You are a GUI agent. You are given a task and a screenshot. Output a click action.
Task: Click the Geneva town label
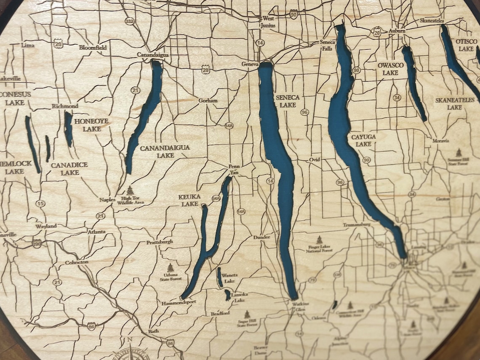[x=249, y=64]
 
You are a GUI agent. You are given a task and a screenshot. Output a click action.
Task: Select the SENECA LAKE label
[x=288, y=101]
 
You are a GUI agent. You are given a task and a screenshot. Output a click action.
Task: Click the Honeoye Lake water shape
[x=68, y=129]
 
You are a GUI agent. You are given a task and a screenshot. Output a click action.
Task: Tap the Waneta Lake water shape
[x=219, y=277]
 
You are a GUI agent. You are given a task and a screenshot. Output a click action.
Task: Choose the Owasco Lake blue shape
[x=413, y=82]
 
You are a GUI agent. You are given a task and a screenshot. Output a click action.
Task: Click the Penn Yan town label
[x=234, y=169]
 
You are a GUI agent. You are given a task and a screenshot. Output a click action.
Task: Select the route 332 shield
[x=130, y=21]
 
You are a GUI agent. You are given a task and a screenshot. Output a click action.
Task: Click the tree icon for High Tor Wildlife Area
[x=130, y=191]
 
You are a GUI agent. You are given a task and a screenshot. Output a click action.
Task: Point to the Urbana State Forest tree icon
[x=170, y=268]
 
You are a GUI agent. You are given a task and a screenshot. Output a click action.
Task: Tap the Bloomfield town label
[x=93, y=48]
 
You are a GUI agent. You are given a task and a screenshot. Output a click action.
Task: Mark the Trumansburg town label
[x=357, y=225]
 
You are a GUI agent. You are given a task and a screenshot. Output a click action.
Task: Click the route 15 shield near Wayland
[x=40, y=204]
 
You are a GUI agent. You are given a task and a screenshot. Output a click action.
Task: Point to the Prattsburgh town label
[x=160, y=243]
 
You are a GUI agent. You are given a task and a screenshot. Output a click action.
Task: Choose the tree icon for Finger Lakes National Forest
[x=320, y=239]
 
